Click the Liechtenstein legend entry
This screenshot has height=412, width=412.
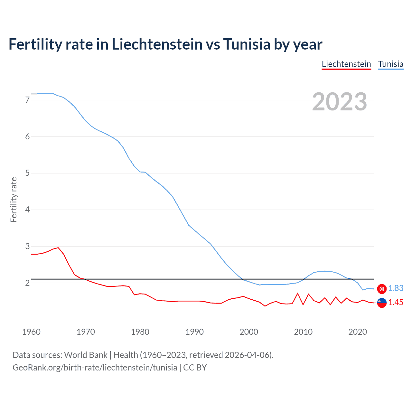[x=346, y=64]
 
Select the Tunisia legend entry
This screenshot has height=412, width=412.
[x=390, y=64]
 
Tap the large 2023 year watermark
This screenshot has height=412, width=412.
[x=339, y=102]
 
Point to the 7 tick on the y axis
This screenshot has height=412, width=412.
[x=27, y=100]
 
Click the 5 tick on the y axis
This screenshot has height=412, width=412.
[x=27, y=173]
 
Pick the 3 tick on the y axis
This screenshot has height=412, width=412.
[x=27, y=246]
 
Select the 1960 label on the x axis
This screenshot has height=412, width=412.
[x=31, y=332]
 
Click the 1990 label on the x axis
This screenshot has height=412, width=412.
[x=194, y=332]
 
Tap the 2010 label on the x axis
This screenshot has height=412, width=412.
[x=303, y=332]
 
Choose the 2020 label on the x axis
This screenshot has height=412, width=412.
[x=358, y=332]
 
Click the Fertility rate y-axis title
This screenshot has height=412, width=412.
[x=14, y=200]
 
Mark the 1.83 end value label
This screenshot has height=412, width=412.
[x=396, y=288]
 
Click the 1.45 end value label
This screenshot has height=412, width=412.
[x=396, y=303]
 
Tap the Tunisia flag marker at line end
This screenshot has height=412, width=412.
[x=382, y=289]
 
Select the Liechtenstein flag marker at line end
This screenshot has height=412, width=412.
[x=382, y=303]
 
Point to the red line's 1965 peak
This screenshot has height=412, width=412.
[x=58, y=248]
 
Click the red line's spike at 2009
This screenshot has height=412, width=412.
[x=298, y=293]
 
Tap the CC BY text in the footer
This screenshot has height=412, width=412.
[x=195, y=368]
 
